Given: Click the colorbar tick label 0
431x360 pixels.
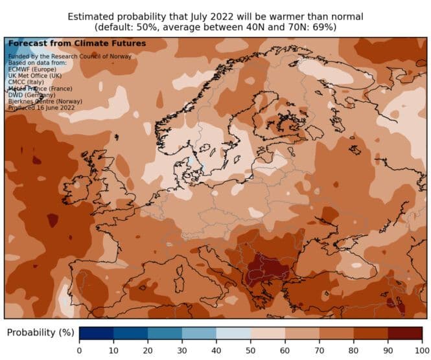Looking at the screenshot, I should pyautogui.click(x=79, y=350).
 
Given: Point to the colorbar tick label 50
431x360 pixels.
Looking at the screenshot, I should pyautogui.click(x=250, y=350).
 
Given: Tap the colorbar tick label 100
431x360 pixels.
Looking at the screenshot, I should pyautogui.click(x=421, y=350).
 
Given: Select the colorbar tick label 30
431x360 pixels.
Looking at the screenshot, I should pyautogui.click(x=182, y=350).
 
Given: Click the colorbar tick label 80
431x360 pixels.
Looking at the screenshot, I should pyautogui.click(x=353, y=350).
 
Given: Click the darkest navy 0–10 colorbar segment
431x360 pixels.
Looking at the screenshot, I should pyautogui.click(x=96, y=333).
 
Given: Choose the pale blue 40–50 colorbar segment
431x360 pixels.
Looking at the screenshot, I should pyautogui.click(x=233, y=333).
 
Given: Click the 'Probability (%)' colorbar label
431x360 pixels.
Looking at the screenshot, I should pyautogui.click(x=40, y=333).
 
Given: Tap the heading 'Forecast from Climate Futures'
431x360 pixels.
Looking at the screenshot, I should pyautogui.click(x=76, y=43).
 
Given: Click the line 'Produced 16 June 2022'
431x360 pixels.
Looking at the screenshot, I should pyautogui.click(x=41, y=107).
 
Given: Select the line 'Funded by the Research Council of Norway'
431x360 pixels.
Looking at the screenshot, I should pyautogui.click(x=69, y=56).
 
